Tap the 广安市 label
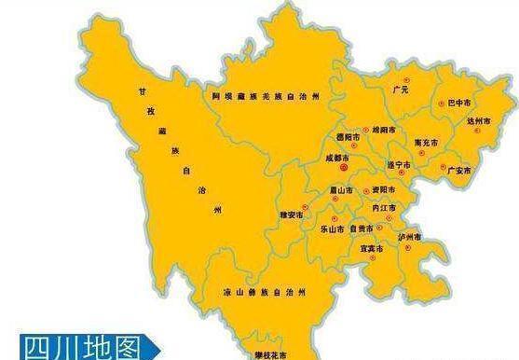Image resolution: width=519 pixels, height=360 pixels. point(459,171)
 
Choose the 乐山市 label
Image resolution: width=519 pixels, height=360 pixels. point(332,228)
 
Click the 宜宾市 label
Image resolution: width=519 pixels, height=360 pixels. point(372,249)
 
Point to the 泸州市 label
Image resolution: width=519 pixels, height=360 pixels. point(410,239)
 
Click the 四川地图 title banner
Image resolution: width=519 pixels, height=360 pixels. point(80,346)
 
